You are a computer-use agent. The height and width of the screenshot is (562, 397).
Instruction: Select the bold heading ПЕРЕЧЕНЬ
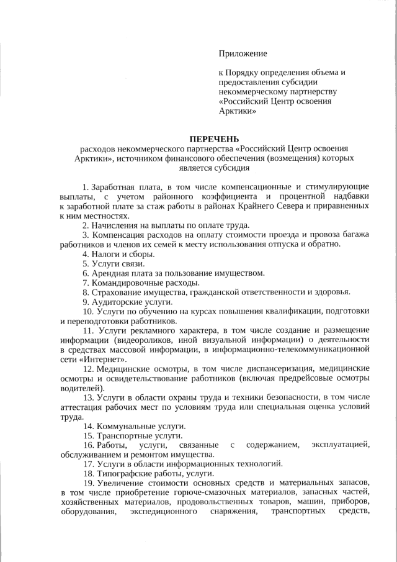click(213, 138)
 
